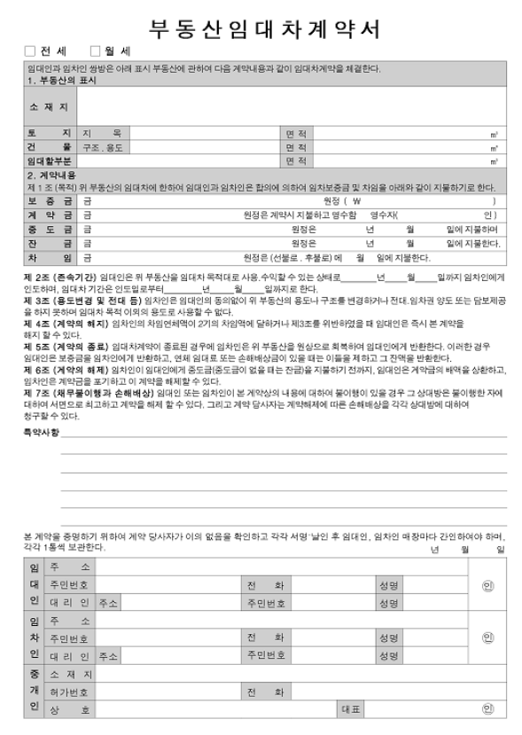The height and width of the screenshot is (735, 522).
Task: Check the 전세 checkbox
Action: [30, 51]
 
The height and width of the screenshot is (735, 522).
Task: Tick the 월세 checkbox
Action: [96, 51]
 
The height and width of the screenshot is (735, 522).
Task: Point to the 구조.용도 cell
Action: [104, 147]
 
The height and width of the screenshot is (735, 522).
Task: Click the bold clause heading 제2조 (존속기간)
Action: [60, 277]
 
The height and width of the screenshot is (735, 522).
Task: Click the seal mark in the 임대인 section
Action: [487, 585]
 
